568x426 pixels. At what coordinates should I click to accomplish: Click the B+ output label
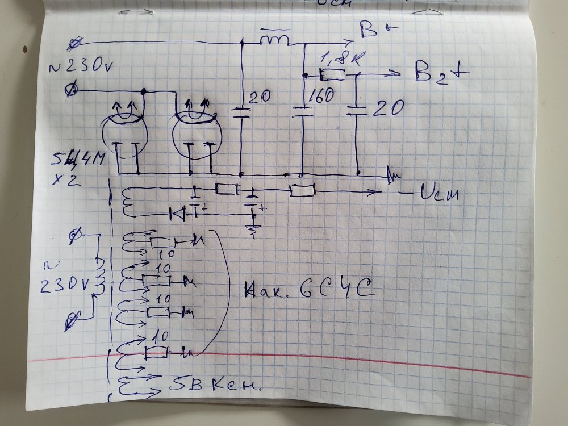tap(371, 32)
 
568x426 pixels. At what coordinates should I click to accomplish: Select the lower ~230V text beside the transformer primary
tap(64, 278)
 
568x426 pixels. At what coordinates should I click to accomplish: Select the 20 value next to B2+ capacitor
tap(390, 106)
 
